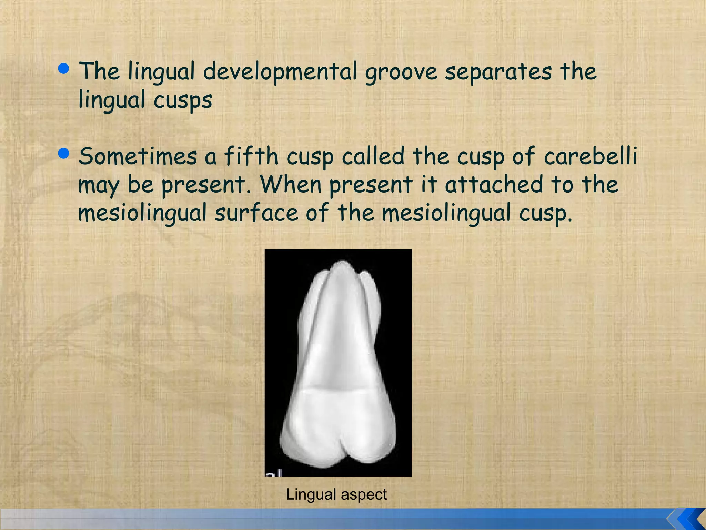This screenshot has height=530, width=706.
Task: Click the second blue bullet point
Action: [x=64, y=153]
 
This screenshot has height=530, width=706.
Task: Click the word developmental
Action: [x=280, y=71]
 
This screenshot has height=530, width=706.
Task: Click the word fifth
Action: [x=251, y=156]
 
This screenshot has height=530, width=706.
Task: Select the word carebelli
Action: [x=590, y=156]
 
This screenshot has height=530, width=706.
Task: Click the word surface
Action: [x=256, y=213]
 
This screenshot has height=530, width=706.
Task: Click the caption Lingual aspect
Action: [x=336, y=494]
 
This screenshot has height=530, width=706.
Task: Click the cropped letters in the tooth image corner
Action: [x=274, y=472]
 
